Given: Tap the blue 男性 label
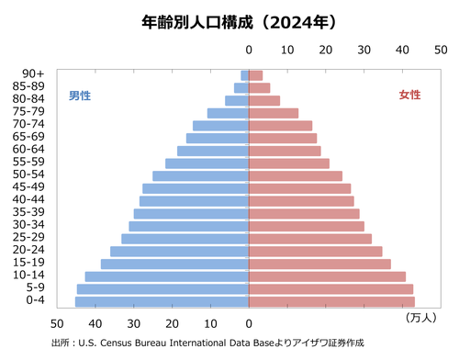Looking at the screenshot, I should coord(80,96).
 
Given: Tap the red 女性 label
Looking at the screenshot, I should coord(409,96).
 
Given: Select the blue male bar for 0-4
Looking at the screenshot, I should coord(162,301).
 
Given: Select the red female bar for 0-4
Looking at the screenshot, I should coord(331,301).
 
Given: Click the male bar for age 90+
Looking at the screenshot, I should coord(245,75).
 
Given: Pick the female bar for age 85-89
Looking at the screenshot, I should coord(260,88).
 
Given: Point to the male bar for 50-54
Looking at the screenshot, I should coord(201,175).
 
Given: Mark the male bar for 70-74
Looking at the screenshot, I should coord(221,126).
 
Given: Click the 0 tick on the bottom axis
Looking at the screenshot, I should coord(249,323).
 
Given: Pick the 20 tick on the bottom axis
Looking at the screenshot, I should coord(172,323).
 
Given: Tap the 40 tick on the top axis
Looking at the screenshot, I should coord(403,49).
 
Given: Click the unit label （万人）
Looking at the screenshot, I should coord(422,318).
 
